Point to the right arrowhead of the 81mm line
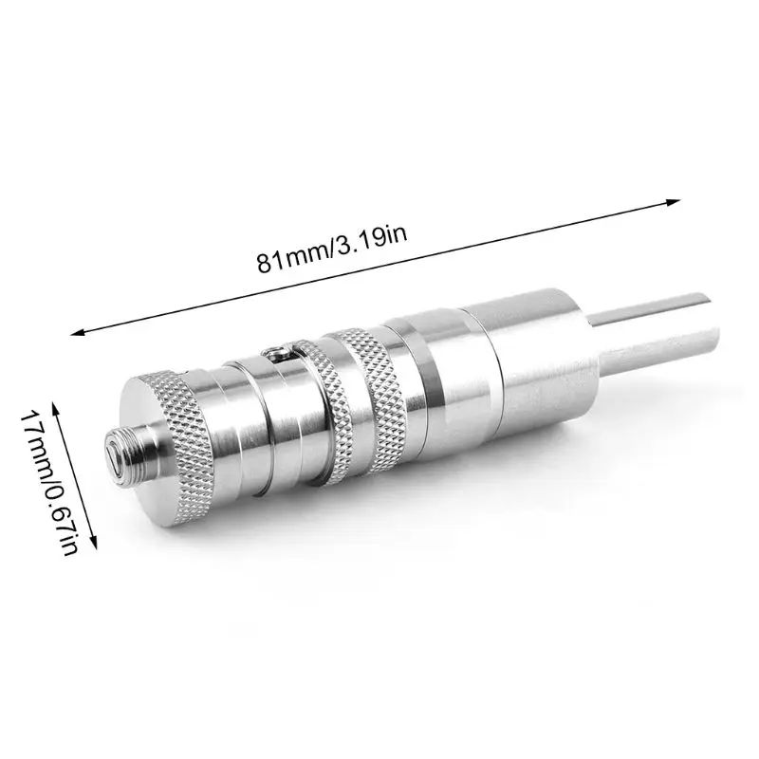coord(673,202)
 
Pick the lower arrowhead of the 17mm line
coord(93,541)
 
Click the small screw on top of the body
coord(276,352)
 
